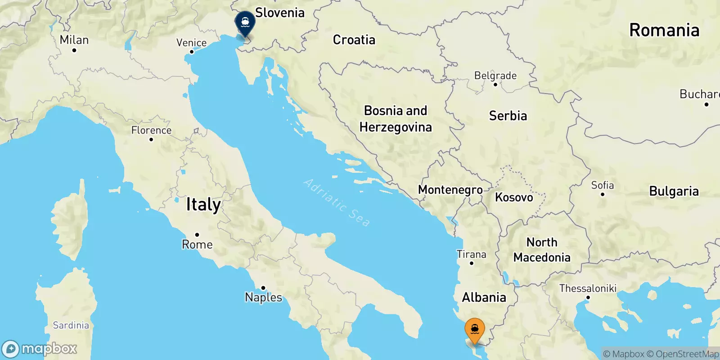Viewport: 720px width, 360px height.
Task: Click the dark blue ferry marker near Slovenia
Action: (245, 22)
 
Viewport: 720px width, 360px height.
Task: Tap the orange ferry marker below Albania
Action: (474, 330)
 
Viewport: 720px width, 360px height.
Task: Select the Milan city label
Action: (74, 40)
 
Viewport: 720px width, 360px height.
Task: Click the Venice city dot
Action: (192, 52)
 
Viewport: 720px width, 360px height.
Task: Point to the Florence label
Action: (151, 130)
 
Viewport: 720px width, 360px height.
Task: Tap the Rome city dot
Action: (197, 235)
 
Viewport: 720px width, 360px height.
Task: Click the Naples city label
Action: (263, 297)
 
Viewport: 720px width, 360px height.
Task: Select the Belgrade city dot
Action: (495, 85)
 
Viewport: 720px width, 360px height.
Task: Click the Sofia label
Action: (602, 185)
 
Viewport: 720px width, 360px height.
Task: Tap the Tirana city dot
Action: (472, 263)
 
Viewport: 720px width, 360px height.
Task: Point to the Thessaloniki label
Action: (588, 288)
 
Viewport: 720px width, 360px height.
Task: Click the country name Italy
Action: (203, 205)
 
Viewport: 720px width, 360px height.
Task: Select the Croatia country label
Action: (354, 40)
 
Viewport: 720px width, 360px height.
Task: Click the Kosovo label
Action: (514, 197)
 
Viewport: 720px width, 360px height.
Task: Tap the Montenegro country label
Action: (450, 190)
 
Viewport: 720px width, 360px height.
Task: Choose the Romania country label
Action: (664, 30)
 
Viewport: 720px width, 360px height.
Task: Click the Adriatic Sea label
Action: (337, 202)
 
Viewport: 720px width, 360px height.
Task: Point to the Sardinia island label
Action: (71, 325)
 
